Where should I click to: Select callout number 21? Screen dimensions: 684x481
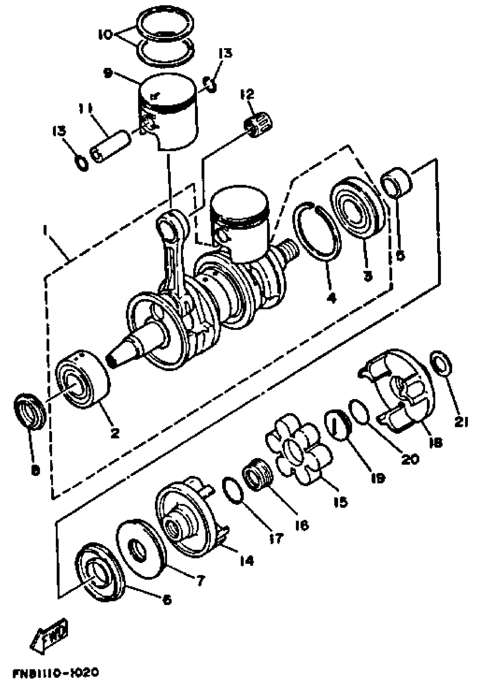[461, 422]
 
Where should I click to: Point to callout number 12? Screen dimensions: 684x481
[247, 94]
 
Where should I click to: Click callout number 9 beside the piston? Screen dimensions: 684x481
[108, 73]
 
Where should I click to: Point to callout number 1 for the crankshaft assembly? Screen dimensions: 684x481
[45, 230]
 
